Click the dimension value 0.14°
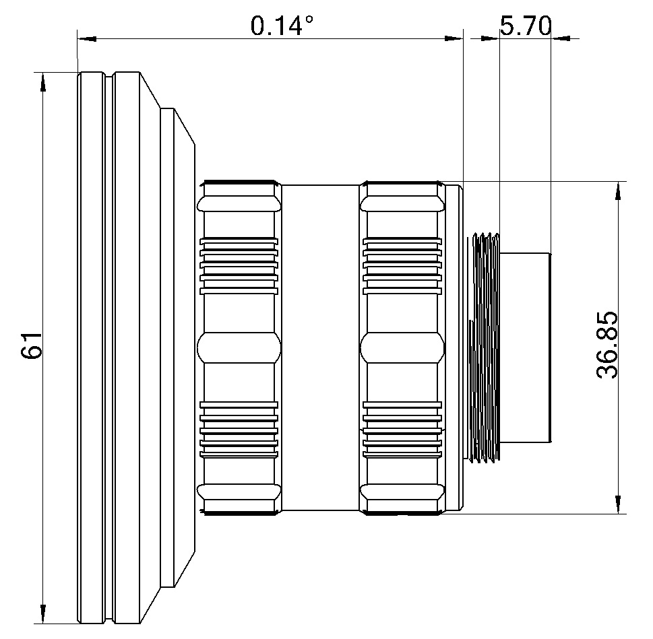click(282, 26)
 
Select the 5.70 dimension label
click(525, 26)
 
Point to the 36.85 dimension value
click(608, 345)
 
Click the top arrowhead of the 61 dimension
click(43, 81)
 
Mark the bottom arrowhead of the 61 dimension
click(43, 613)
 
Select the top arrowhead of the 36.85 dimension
click(617, 191)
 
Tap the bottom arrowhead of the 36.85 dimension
click(617, 504)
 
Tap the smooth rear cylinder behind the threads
click(525, 347)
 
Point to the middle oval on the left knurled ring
click(239, 347)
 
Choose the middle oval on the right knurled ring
click(403, 347)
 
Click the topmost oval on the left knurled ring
click(239, 204)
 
